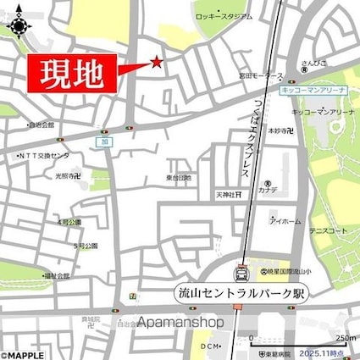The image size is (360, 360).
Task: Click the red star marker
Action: [x=156, y=61]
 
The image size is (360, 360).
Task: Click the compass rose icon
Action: [x=18, y=23]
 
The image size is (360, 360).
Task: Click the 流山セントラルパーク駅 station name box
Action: [x=242, y=293]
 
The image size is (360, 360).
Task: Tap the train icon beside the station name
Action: [x=242, y=273]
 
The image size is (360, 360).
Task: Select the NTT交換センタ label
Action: [x=43, y=158]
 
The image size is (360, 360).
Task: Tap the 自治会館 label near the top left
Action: [x=40, y=126]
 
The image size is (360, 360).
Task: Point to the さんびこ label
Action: [x=318, y=64]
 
